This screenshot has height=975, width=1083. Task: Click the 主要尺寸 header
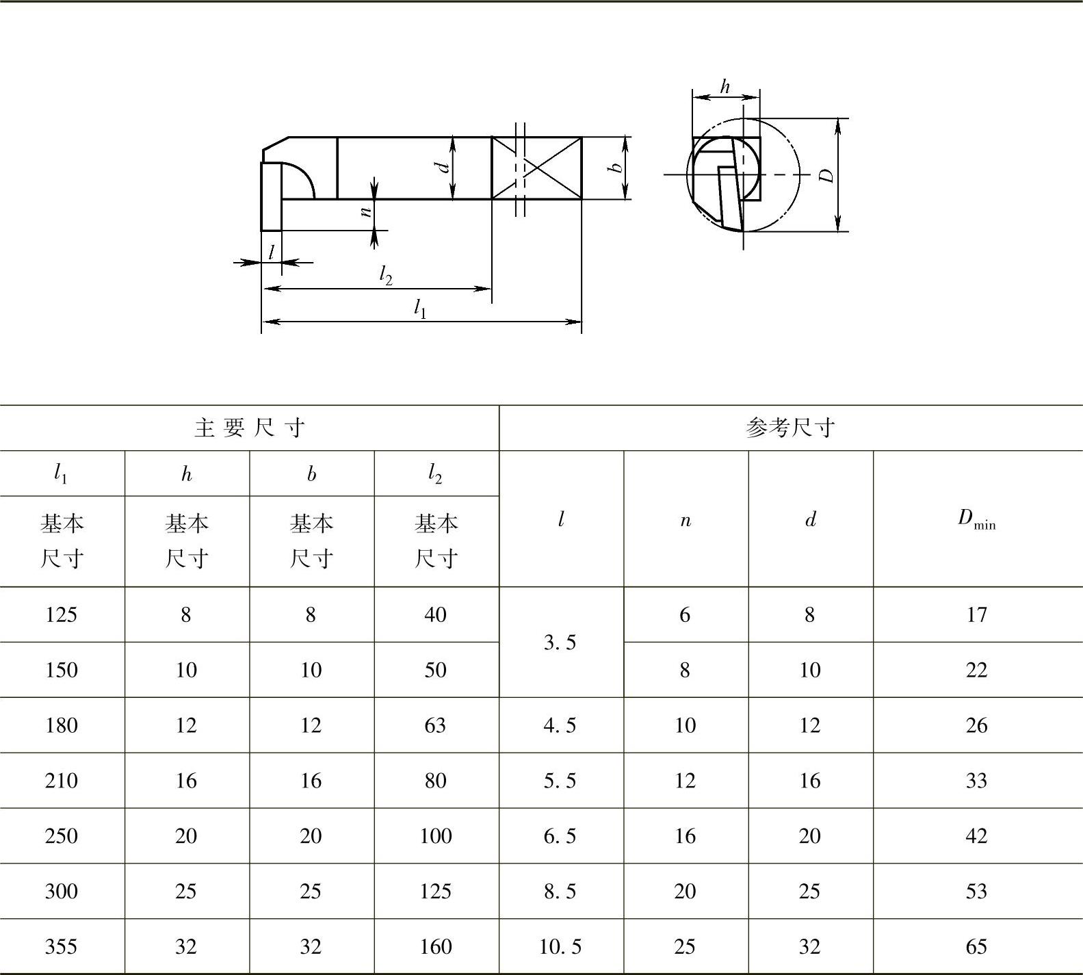249,428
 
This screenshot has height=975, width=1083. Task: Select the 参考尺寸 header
790,428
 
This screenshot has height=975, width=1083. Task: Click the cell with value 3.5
560,642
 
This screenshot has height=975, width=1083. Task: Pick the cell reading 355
61,947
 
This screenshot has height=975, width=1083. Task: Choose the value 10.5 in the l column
560,947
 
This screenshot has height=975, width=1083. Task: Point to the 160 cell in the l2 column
435,947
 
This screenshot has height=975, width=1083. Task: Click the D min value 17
976,614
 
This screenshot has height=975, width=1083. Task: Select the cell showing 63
435,725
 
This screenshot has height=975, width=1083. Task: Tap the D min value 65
976,947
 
